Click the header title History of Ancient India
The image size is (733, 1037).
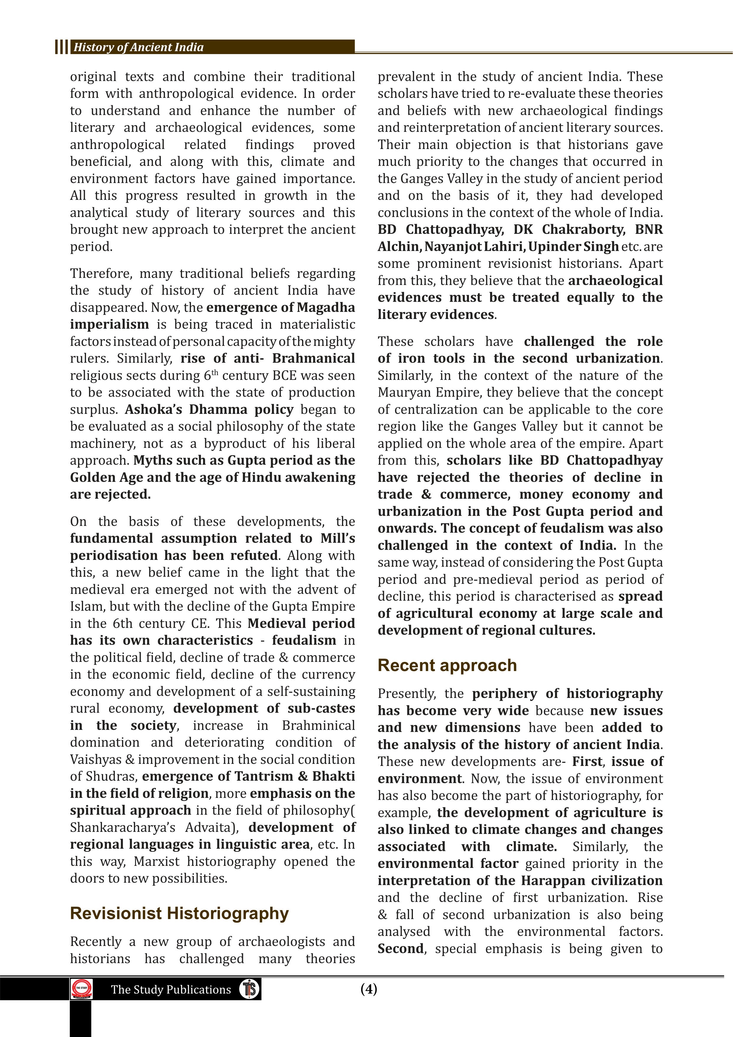[138, 47]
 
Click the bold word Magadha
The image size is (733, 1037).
[326, 307]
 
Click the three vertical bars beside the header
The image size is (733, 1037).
[61, 47]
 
